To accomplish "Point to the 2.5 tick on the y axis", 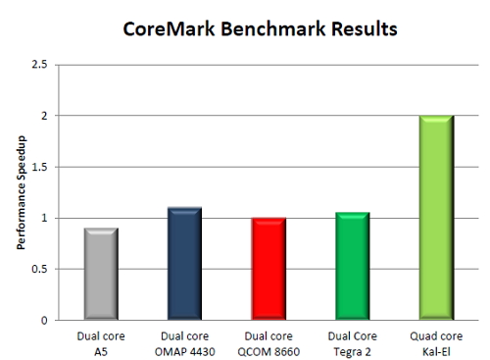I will click(x=41, y=65).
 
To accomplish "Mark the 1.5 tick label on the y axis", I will click(x=41, y=167).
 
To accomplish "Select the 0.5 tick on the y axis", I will click(x=41, y=269).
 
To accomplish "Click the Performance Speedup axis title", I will click(x=20, y=193).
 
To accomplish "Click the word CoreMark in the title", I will click(x=167, y=29).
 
